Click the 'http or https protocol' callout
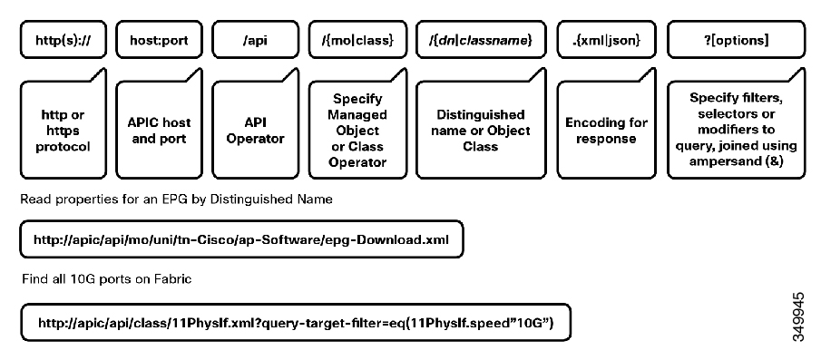[61, 130]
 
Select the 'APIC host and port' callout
[158, 130]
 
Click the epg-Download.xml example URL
[241, 240]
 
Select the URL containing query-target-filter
[295, 322]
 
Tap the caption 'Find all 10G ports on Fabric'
[96, 281]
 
